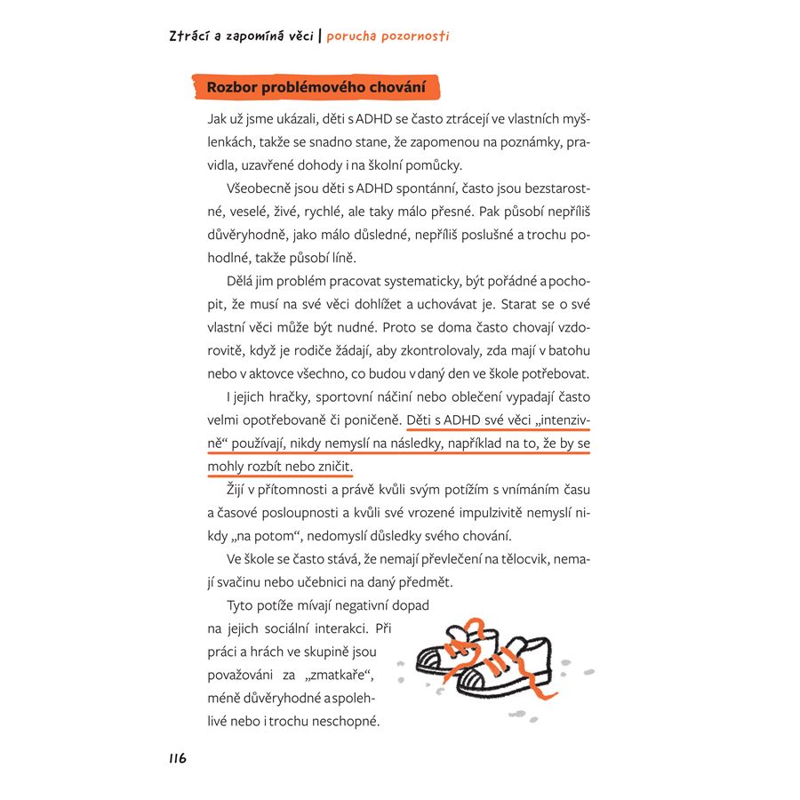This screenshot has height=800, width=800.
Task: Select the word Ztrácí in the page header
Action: pos(188,36)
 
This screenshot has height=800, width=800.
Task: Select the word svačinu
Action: pos(255,582)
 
